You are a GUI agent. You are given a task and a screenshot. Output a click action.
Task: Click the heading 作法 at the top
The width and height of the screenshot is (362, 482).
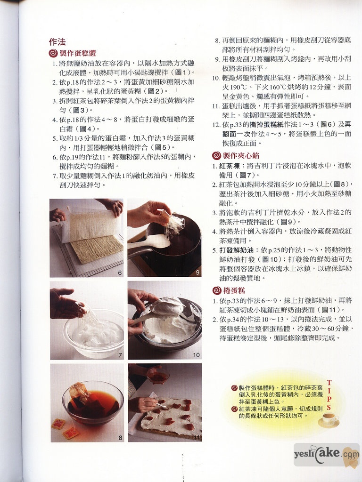click(57, 42)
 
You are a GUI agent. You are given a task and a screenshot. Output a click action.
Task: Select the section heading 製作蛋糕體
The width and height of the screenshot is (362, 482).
click(78, 53)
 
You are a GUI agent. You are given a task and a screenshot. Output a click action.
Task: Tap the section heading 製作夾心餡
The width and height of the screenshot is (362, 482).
click(241, 156)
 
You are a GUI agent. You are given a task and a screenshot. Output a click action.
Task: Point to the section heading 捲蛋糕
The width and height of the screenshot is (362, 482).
click(234, 290)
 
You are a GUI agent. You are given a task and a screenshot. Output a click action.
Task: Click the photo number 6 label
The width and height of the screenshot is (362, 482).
click(120, 273)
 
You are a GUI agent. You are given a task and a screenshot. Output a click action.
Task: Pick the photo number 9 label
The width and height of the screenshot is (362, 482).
click(197, 273)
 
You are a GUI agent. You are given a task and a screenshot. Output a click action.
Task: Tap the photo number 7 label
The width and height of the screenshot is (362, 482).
click(120, 355)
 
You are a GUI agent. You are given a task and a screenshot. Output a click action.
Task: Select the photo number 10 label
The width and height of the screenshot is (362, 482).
click(197, 355)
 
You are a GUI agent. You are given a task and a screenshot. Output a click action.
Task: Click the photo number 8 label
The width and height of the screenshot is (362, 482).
click(120, 437)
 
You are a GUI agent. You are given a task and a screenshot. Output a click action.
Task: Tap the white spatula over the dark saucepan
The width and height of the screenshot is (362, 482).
click(149, 241)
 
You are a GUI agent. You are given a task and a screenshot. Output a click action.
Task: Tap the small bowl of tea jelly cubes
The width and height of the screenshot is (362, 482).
click(158, 376)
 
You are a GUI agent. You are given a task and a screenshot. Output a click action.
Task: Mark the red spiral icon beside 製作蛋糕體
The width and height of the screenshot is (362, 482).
click(53, 54)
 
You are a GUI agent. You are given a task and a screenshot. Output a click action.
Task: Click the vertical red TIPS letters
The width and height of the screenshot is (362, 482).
click(329, 395)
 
